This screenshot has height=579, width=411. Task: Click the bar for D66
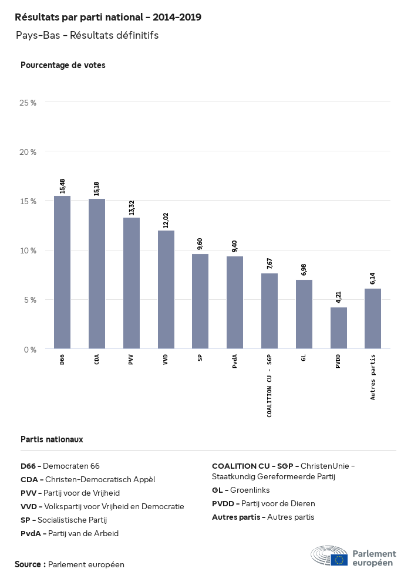[x=62, y=272]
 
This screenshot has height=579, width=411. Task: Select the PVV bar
[x=131, y=283]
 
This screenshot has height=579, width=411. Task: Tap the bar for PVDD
[x=339, y=328]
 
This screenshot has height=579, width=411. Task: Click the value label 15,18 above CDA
[x=97, y=188]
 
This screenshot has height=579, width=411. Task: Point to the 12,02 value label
[x=166, y=219]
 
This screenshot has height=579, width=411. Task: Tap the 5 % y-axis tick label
[x=29, y=300]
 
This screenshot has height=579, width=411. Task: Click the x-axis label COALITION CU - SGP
[x=269, y=385]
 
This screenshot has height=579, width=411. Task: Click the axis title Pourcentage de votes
[x=63, y=65]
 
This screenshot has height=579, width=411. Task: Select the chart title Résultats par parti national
[x=108, y=18]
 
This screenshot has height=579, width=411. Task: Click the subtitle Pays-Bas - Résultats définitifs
[x=87, y=36]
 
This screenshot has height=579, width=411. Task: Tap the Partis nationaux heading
[x=52, y=439]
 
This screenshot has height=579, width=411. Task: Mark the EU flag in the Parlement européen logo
[x=339, y=560]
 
